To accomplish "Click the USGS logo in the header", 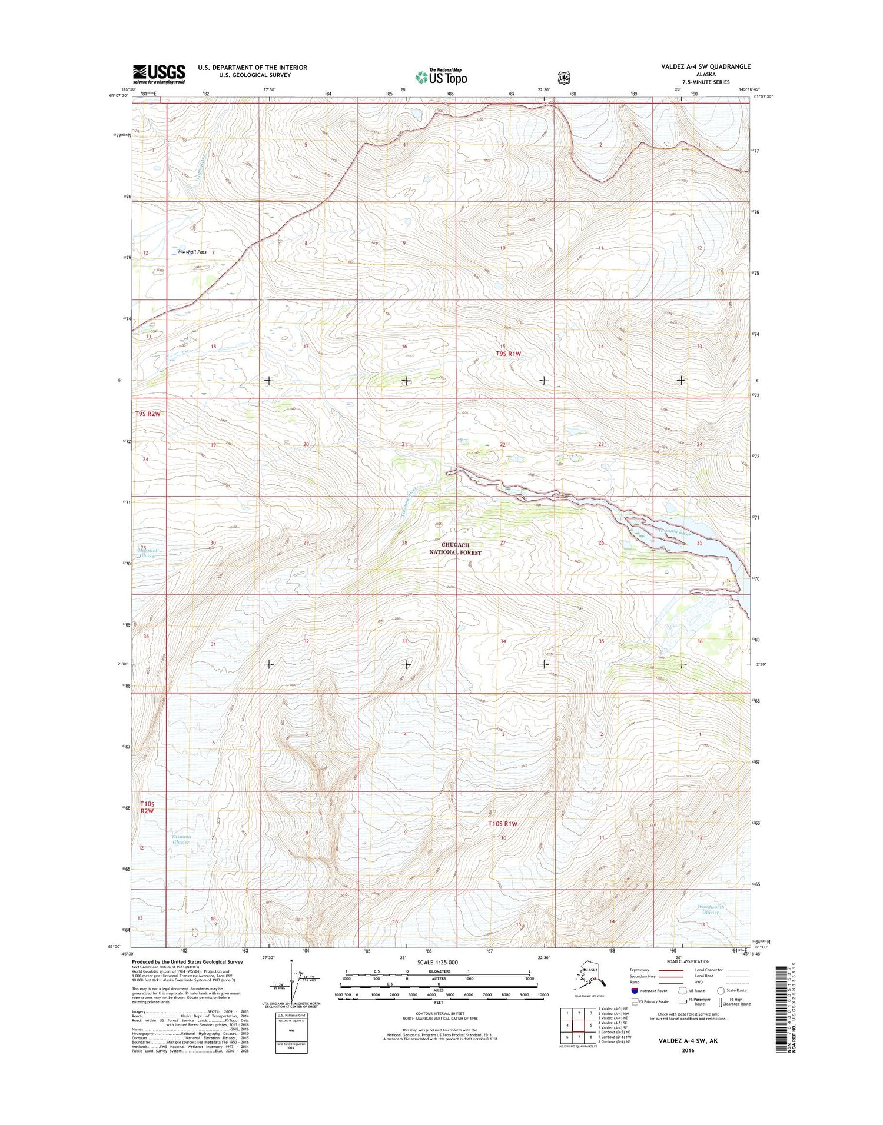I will (158, 74).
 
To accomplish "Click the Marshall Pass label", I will (192, 252).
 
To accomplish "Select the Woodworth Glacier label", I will (711, 910).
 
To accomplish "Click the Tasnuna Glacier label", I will (180, 839).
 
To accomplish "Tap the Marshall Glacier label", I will (148, 553).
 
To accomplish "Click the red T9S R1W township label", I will (509, 354).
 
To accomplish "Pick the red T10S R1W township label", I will (502, 824).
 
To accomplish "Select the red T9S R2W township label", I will (148, 414).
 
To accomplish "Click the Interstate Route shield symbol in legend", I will (634, 991).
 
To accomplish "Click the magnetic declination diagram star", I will (291, 964).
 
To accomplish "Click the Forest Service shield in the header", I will (565, 76).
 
